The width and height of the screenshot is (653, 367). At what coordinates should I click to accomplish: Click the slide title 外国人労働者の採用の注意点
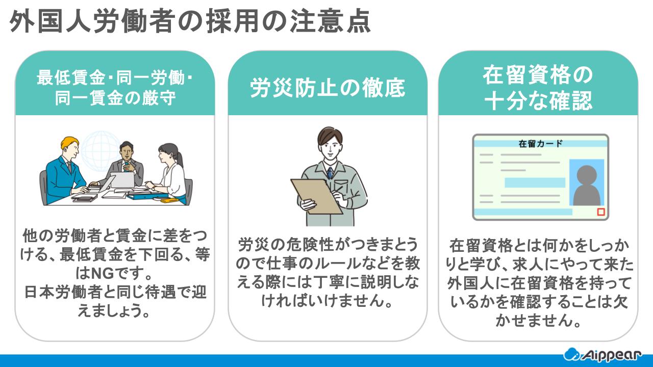(x=190, y=22)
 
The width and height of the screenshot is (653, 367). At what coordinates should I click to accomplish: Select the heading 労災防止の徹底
(x=327, y=88)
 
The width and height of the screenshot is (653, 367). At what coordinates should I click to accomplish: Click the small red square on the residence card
(x=600, y=212)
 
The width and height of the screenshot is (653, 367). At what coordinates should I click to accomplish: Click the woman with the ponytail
(x=171, y=171)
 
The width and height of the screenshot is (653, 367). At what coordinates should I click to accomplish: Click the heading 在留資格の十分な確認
(x=538, y=88)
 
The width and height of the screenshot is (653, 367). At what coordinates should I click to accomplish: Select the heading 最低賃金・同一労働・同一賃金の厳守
(x=115, y=88)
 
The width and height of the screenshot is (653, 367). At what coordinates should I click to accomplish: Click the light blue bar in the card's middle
(x=535, y=182)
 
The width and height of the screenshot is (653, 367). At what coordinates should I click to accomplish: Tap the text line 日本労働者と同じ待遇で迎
(x=115, y=293)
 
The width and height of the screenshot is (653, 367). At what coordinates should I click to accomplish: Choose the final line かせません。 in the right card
(x=538, y=321)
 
